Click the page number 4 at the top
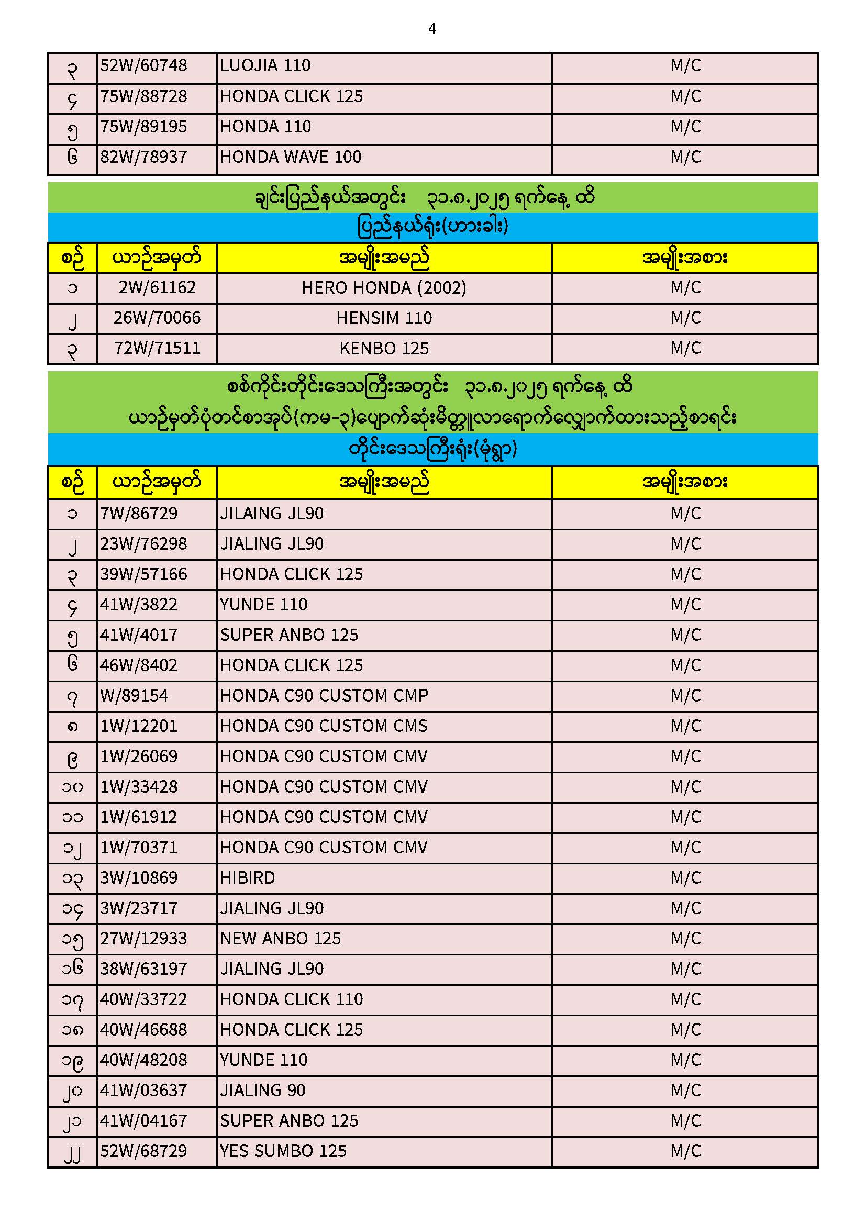[432, 29]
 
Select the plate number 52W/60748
[143, 65]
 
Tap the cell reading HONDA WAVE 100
[291, 157]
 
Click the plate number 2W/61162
[157, 288]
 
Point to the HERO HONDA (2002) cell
[384, 288]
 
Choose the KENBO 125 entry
[384, 349]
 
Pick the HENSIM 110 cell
[384, 318]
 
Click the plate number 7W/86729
[139, 514]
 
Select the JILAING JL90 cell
[272, 514]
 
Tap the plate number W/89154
[134, 696]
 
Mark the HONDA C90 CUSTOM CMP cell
[324, 696]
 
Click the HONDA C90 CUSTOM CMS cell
[324, 726]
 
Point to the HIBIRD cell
[248, 878]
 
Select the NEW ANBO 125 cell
[281, 939]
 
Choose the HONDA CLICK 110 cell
[291, 999]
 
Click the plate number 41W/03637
[143, 1091]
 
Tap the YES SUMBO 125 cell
[283, 1152]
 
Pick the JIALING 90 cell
[263, 1091]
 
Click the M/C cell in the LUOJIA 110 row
[685, 65]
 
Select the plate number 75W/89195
[143, 127]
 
